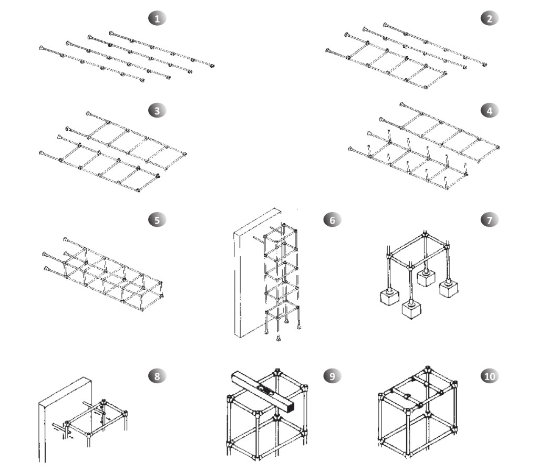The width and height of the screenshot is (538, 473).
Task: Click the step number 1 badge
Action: click(x=157, y=18)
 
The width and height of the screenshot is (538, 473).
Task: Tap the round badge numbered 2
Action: click(x=490, y=18)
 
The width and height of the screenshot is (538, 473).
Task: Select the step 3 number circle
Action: click(x=157, y=111)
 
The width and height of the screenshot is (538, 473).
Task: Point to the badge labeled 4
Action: click(x=490, y=111)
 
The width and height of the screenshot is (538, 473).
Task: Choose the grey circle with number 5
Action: click(x=157, y=220)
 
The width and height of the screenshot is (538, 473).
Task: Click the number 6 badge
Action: click(x=332, y=220)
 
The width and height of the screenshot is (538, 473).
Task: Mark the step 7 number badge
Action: click(x=490, y=220)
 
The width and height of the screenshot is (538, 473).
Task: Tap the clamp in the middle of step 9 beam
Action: click(x=266, y=391)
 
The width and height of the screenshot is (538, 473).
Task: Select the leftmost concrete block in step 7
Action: click(x=389, y=297)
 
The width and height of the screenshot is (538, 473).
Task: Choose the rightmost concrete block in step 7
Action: click(x=450, y=289)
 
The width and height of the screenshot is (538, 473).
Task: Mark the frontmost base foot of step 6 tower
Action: click(x=278, y=339)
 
